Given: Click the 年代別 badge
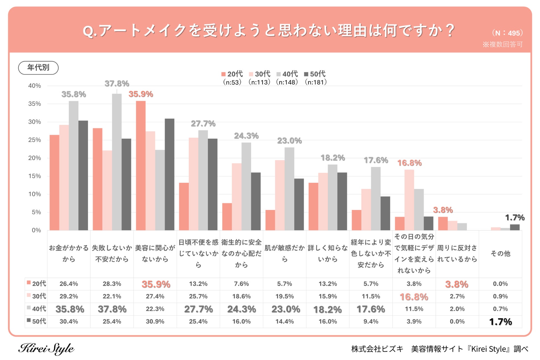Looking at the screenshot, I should [x=38, y=68].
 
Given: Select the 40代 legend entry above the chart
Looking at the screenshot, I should [x=287, y=74].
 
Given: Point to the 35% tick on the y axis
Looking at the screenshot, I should [x=35, y=104].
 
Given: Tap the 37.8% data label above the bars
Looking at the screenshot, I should [x=117, y=83].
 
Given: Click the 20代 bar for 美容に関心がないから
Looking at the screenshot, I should [x=141, y=165].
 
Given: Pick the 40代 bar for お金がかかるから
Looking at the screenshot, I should [x=73, y=165].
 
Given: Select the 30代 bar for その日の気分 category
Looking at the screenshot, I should [x=409, y=200].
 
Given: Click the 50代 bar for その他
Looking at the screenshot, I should [x=515, y=227].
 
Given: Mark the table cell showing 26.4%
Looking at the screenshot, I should [x=69, y=284].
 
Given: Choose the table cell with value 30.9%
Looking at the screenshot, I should [x=155, y=322].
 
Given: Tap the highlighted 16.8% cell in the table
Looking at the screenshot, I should [x=414, y=297].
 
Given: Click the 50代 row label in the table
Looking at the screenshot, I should [x=37, y=321].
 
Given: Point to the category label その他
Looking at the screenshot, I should [x=500, y=253].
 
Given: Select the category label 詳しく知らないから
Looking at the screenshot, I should [x=328, y=253].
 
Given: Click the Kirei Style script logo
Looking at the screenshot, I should [x=46, y=348].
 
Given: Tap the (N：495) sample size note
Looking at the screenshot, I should [x=507, y=33].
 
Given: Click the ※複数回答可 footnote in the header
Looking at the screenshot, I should [x=502, y=44].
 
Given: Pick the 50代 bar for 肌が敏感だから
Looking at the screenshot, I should [x=299, y=204].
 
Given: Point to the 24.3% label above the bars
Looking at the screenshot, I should [x=246, y=136].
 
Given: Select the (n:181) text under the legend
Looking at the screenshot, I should [x=315, y=82].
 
